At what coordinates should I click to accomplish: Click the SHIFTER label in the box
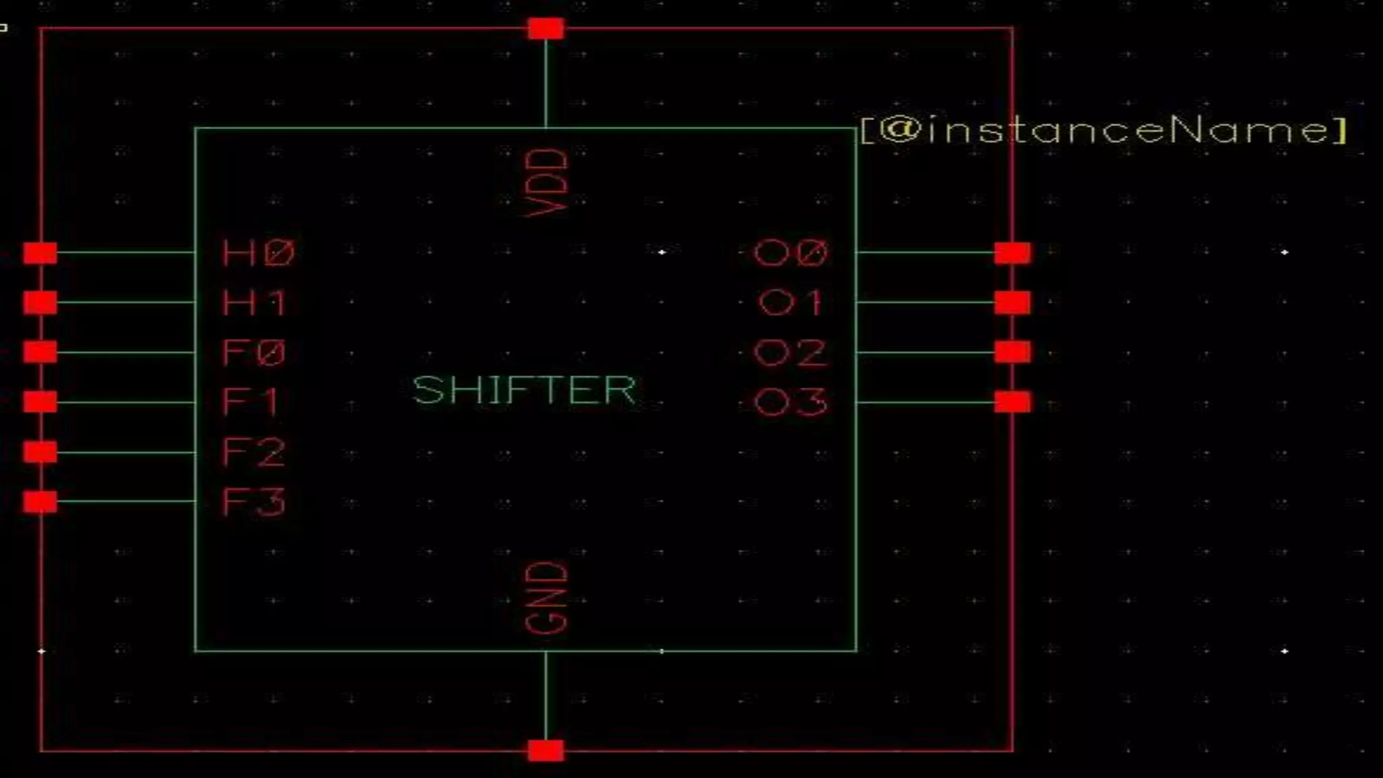pyautogui.click(x=524, y=390)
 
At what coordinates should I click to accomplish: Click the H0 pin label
pyautogui.click(x=258, y=253)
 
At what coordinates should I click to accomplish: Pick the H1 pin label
pyautogui.click(x=254, y=303)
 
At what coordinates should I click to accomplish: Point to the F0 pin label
pyautogui.click(x=254, y=353)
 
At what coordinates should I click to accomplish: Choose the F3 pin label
pyautogui.click(x=254, y=502)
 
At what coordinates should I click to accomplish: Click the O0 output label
pyautogui.click(x=790, y=253)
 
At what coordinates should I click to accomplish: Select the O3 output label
pyautogui.click(x=790, y=403)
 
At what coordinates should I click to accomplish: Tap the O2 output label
pyautogui.click(x=790, y=353)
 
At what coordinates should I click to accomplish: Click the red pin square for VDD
pyautogui.click(x=546, y=29)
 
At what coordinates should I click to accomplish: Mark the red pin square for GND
pyautogui.click(x=546, y=750)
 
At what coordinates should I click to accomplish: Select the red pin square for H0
pyautogui.click(x=41, y=253)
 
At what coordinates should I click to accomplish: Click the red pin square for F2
pyautogui.click(x=41, y=452)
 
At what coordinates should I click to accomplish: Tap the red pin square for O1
pyautogui.click(x=1012, y=303)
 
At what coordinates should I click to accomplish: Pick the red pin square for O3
pyautogui.click(x=1012, y=403)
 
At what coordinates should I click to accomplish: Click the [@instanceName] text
pyautogui.click(x=1103, y=130)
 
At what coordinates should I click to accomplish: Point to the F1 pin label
pyautogui.click(x=250, y=403)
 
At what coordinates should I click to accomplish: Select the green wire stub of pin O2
pyautogui.click(x=925, y=352)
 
